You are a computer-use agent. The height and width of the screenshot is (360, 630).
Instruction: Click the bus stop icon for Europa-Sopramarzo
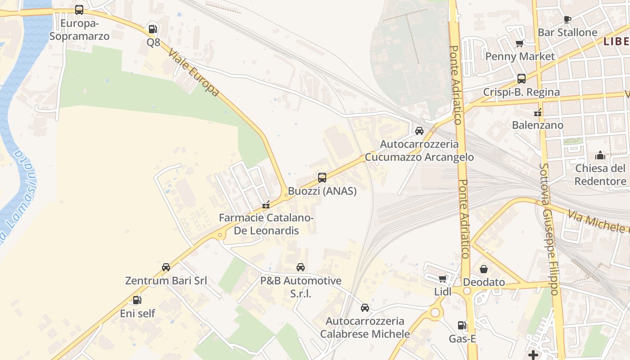pyautogui.click(x=79, y=9)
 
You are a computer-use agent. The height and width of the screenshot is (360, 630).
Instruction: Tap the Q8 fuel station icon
pyautogui.click(x=153, y=29)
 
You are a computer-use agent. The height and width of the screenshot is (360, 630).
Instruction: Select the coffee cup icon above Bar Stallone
pyautogui.click(x=567, y=19)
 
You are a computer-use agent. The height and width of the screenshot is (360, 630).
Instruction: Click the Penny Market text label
pyautogui.click(x=520, y=56)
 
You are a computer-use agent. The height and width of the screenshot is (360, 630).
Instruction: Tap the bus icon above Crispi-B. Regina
pyautogui.click(x=522, y=79)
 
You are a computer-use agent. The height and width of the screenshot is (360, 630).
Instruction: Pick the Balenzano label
pyautogui.click(x=537, y=125)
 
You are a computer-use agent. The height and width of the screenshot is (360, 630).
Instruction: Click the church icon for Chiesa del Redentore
pyautogui.click(x=600, y=156)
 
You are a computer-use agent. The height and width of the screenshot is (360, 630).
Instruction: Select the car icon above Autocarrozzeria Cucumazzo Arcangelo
pyautogui.click(x=419, y=131)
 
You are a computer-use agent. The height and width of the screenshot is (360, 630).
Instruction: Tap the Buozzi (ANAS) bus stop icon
pyautogui.click(x=322, y=178)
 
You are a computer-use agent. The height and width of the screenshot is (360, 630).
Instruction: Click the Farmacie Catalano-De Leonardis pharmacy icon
pyautogui.click(x=266, y=205)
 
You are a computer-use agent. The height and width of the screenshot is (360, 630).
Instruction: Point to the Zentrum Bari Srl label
pyautogui.click(x=166, y=281)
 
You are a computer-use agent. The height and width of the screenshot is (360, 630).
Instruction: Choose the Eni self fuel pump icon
pyautogui.click(x=137, y=300)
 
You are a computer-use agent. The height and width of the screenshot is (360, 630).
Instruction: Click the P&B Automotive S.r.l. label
pyautogui.click(x=301, y=287)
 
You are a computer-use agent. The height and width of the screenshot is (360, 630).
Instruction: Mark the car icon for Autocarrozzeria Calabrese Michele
pyautogui.click(x=365, y=308)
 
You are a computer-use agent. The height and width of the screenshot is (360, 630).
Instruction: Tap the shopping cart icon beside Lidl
pyautogui.click(x=443, y=279)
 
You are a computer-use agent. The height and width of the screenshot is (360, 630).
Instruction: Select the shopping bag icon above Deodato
pyautogui.click(x=484, y=269)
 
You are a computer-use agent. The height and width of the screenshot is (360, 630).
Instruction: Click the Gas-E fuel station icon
pyautogui.click(x=462, y=325)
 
